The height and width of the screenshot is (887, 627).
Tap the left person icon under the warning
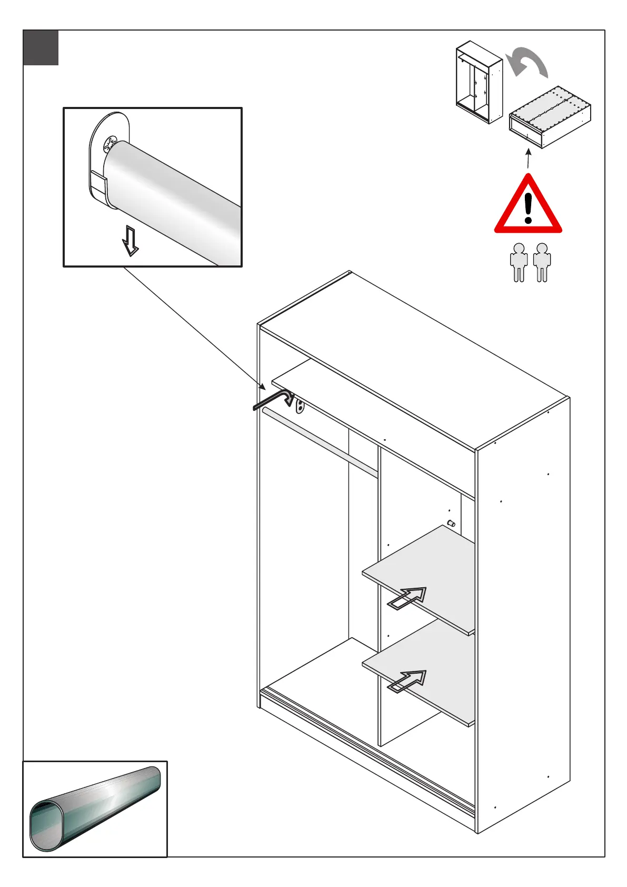[519, 262]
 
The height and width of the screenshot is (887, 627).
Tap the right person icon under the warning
[542, 262]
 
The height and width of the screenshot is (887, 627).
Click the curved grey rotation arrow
[527, 62]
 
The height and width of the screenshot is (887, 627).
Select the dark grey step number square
[41, 48]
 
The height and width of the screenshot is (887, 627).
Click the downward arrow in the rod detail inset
[130, 240]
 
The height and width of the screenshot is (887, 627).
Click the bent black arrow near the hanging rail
[273, 399]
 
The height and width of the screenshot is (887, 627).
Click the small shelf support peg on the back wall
[451, 523]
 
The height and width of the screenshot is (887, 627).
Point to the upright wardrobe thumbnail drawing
[479, 82]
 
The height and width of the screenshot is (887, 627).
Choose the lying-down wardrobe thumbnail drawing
[550, 117]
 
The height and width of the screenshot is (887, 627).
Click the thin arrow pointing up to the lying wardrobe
[528, 159]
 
